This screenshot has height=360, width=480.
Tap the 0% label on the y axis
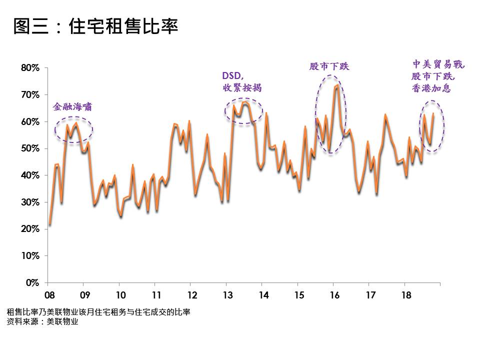coord(33,283)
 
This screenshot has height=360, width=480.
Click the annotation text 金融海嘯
coord(72,107)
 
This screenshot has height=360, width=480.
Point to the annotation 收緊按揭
coord(242,88)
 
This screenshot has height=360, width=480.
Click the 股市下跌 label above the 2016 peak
coord(329,66)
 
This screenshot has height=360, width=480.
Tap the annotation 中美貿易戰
coord(438,64)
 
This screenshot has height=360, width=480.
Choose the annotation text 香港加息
coord(431,88)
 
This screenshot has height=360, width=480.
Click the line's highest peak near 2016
coord(337,85)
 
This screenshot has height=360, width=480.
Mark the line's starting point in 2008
coord(49,224)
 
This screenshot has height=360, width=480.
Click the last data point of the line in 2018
coord(433,114)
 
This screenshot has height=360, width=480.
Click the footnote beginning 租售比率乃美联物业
coord(98,312)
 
